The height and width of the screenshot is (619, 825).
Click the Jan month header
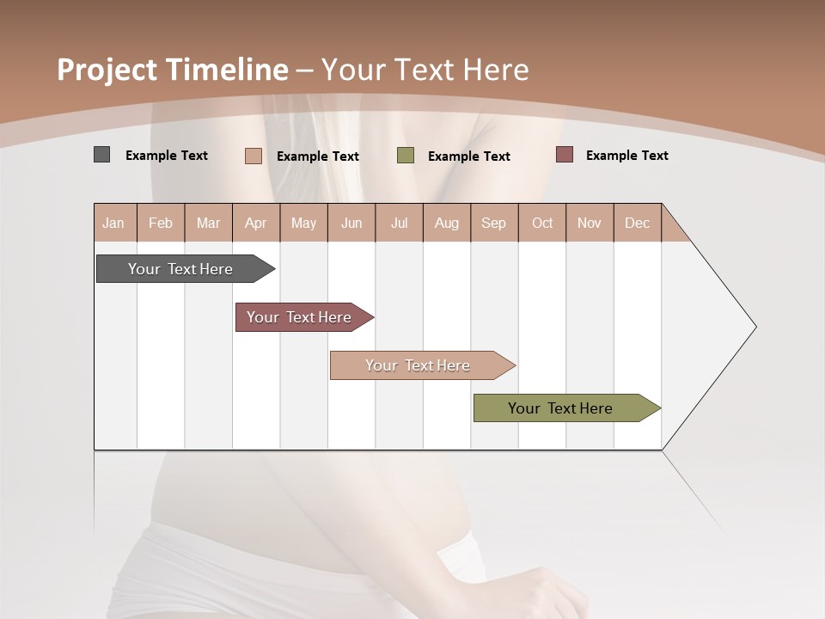pyautogui.click(x=113, y=223)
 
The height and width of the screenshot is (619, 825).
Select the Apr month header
pyautogui.click(x=255, y=223)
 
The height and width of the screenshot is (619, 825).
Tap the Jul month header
pyautogui.click(x=399, y=223)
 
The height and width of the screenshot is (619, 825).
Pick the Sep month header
pyautogui.click(x=493, y=223)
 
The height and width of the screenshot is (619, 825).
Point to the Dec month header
pyautogui.click(x=637, y=223)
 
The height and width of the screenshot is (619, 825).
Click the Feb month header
pyautogui.click(x=161, y=223)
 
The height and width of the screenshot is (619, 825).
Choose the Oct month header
pyautogui.click(x=542, y=223)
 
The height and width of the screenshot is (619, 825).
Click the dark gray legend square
pyautogui.click(x=101, y=155)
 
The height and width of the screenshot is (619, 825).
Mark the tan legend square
pyautogui.click(x=253, y=156)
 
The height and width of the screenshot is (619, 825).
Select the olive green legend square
pyautogui.click(x=406, y=156)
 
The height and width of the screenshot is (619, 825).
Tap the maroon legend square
pyautogui.click(x=564, y=155)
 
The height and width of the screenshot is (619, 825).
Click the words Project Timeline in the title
pyautogui.click(x=172, y=70)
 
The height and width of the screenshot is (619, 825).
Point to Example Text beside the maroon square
pyautogui.click(x=626, y=156)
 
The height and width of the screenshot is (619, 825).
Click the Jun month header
pyautogui.click(x=351, y=223)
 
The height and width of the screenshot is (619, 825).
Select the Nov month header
pyautogui.click(x=589, y=223)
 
